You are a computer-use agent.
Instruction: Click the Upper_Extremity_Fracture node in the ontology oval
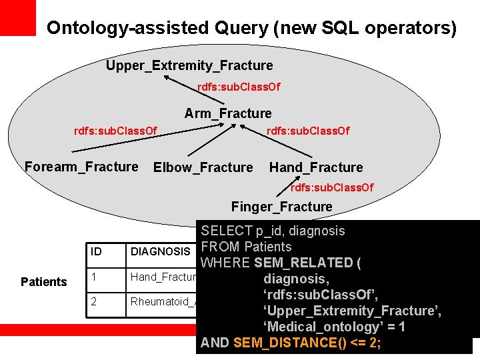[x=189, y=65]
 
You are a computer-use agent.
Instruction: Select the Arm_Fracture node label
[x=228, y=113]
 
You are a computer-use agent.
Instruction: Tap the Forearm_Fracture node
[x=81, y=167]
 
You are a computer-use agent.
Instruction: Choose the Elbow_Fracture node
[x=203, y=167]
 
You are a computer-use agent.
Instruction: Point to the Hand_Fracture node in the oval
[x=316, y=167]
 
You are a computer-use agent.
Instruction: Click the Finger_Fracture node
[x=281, y=207]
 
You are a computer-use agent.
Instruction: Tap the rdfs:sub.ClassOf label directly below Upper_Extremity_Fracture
[x=239, y=87]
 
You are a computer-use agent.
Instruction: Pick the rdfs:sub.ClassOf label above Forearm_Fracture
[x=115, y=130]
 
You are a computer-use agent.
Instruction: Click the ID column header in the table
[x=97, y=251]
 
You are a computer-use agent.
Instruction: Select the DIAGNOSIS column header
[x=160, y=251]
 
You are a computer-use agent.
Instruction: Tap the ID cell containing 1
[x=95, y=277]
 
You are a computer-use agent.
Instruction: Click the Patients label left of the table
[x=43, y=282]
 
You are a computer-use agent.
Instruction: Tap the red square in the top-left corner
[x=17, y=17]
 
